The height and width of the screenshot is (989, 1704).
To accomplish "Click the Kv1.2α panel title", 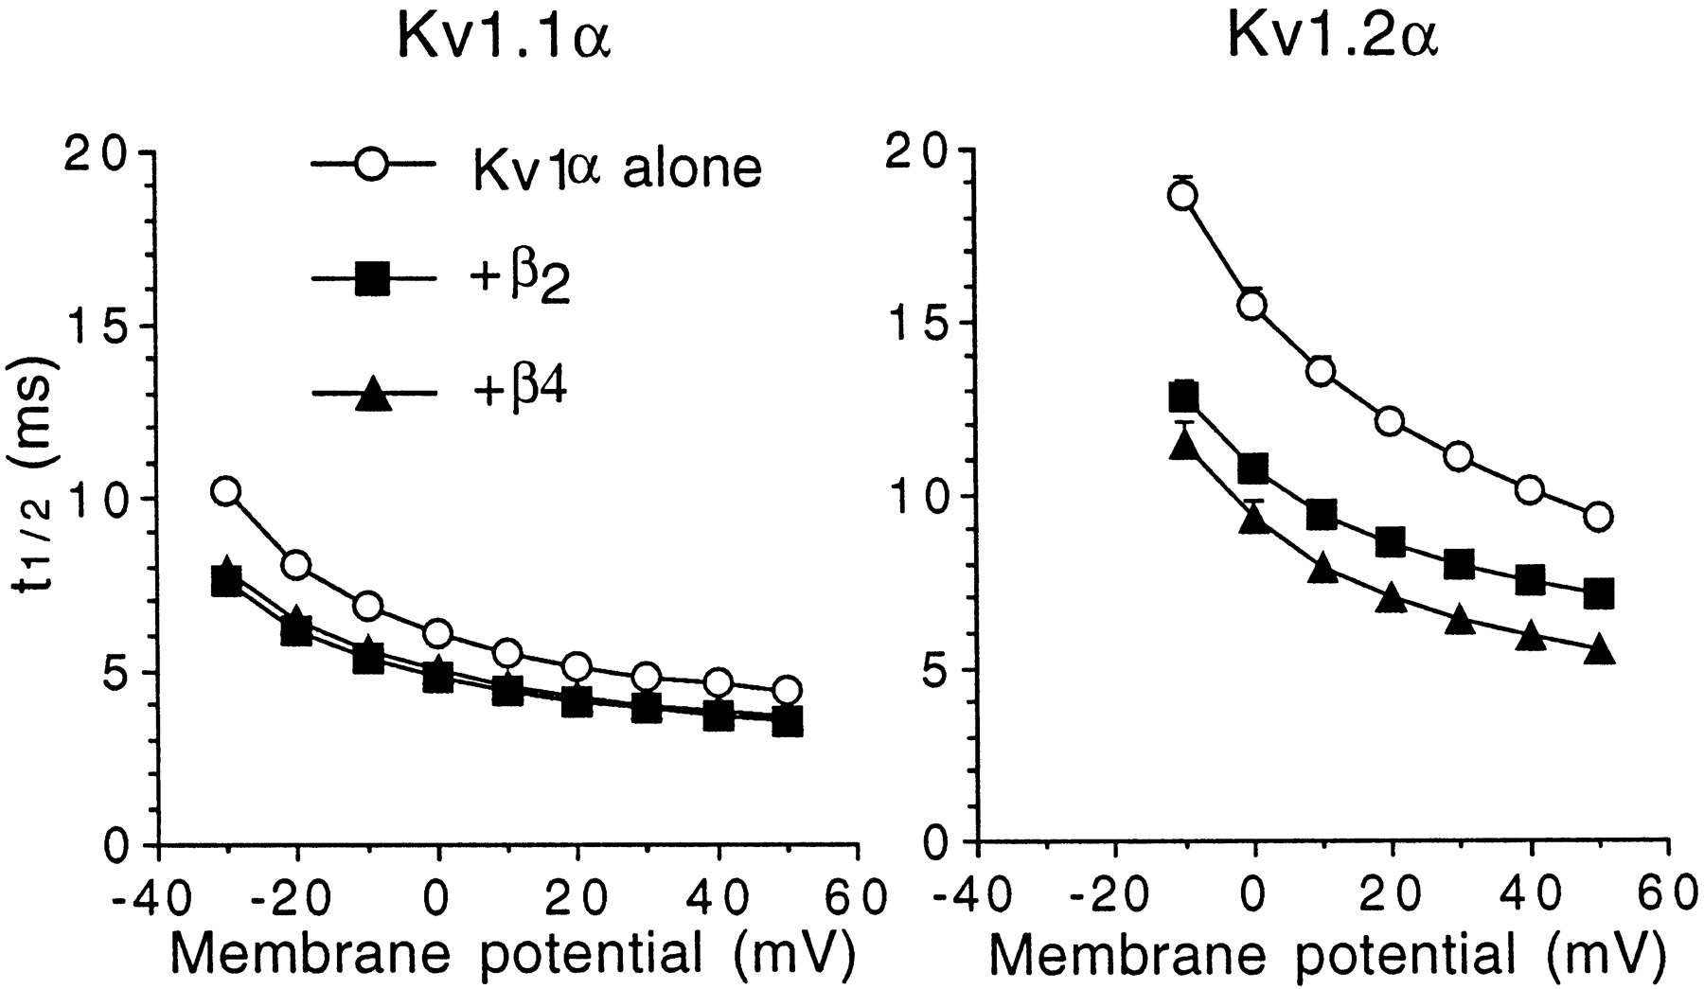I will click(1332, 40).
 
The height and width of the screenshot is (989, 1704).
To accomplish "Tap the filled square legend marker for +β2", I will click(372, 281).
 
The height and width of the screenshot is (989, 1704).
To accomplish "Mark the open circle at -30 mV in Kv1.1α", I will click(225, 491).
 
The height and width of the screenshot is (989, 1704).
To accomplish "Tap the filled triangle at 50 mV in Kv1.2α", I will click(1599, 651).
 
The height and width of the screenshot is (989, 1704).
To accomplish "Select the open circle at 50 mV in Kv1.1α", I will click(787, 689).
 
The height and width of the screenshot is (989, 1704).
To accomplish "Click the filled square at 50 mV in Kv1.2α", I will click(1599, 594).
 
